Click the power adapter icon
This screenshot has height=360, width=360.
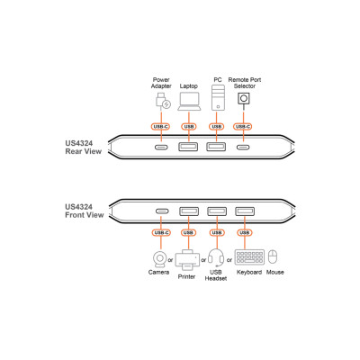tap(163, 101)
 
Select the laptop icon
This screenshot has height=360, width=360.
tap(189, 102)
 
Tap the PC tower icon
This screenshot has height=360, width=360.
tap(218, 97)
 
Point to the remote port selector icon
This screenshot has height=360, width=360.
tap(244, 98)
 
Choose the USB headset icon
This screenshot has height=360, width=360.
tap(216, 257)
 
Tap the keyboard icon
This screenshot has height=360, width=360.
tap(249, 257)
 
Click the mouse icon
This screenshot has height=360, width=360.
tap(273, 256)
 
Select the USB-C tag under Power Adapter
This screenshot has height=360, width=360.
tap(161, 127)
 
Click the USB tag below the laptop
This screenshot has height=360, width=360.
tap(189, 127)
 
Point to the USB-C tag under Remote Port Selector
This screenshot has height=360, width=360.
tap(243, 127)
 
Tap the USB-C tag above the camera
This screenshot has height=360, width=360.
tap(161, 232)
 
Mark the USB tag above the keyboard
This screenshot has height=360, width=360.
tap(245, 232)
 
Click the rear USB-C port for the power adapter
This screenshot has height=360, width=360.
tap(161, 148)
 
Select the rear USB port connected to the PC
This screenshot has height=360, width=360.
tap(216, 147)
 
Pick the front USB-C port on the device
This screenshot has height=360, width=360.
tap(162, 211)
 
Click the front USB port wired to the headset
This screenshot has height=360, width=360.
tap(217, 211)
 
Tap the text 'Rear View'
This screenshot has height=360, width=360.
tap(84, 151)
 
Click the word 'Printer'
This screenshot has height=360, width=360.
tap(186, 276)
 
